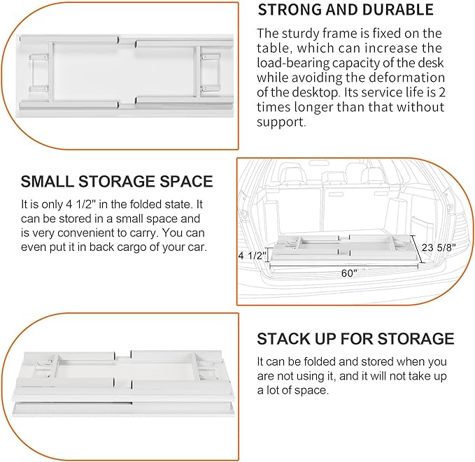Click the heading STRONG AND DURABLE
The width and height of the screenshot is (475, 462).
click(346, 10)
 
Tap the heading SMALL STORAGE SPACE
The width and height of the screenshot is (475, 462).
click(117, 182)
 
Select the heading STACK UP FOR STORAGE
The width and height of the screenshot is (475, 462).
click(355, 339)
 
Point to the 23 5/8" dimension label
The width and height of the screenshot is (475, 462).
click(445, 247)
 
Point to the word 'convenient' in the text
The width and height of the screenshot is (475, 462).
click(100, 233)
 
